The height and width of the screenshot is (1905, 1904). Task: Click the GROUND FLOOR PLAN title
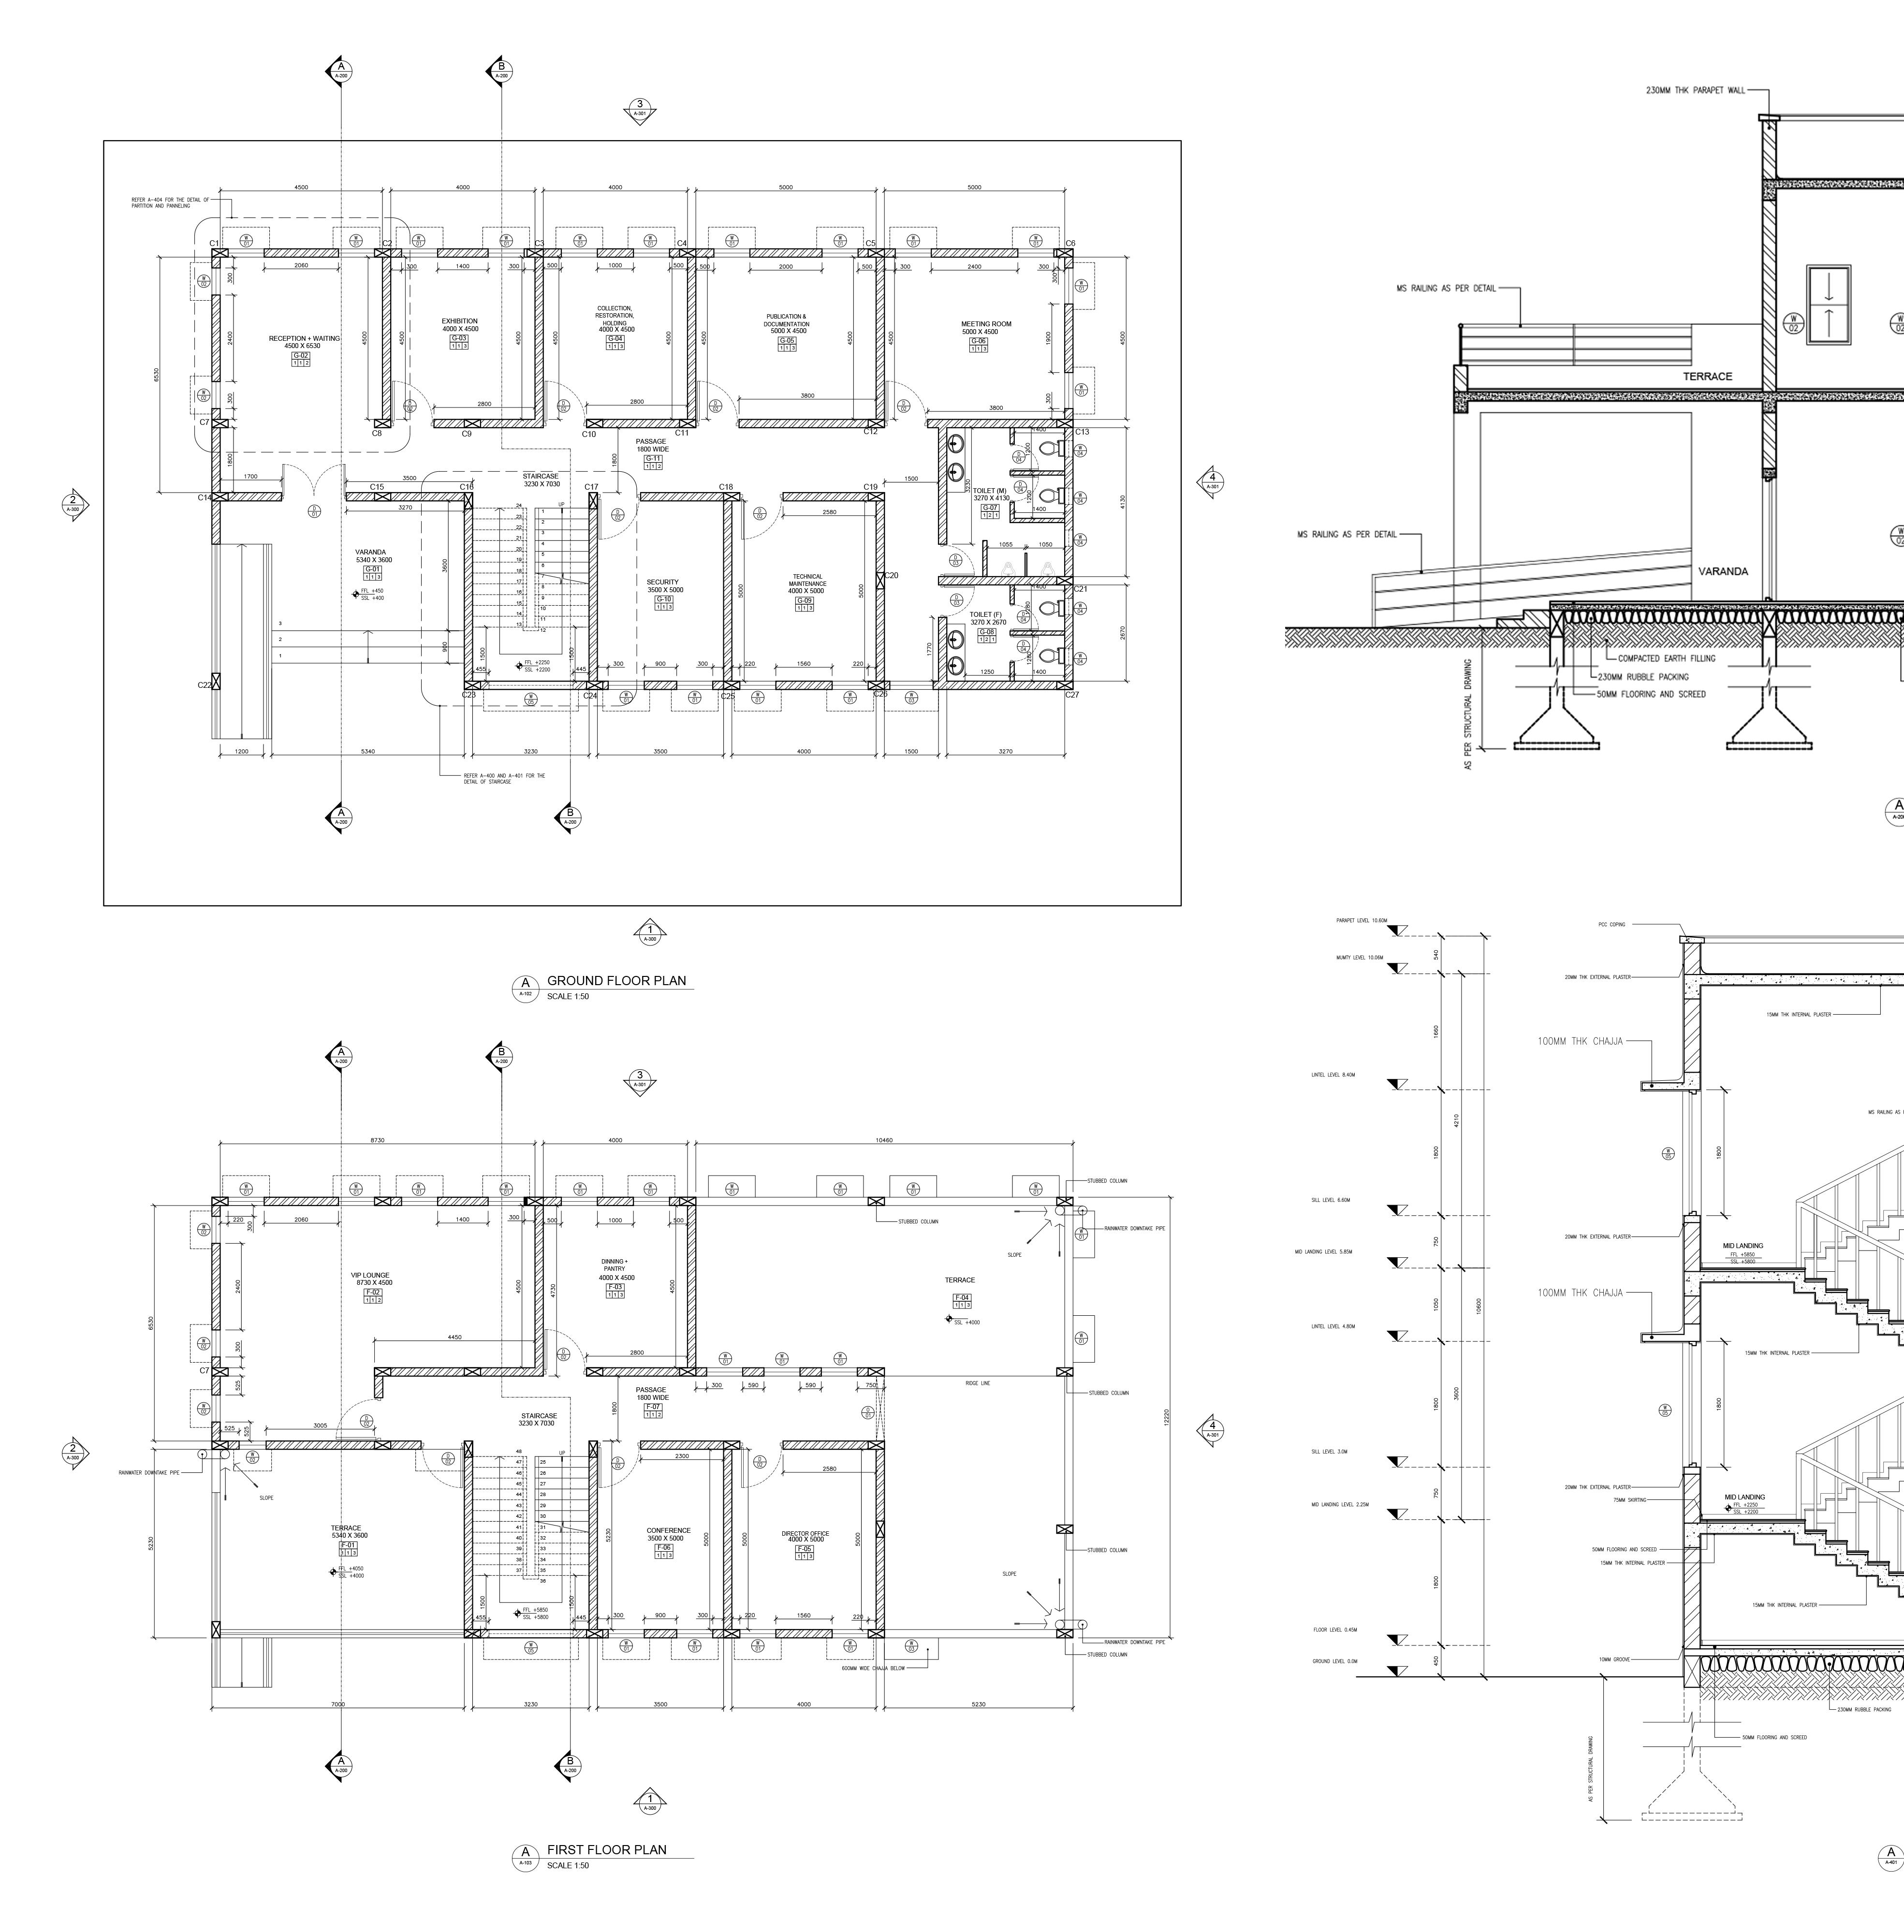616,980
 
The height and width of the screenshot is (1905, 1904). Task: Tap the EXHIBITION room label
459,321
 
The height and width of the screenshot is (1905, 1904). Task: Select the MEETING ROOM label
986,323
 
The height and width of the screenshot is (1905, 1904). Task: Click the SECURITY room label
662,582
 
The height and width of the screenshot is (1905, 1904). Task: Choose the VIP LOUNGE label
371,1275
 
